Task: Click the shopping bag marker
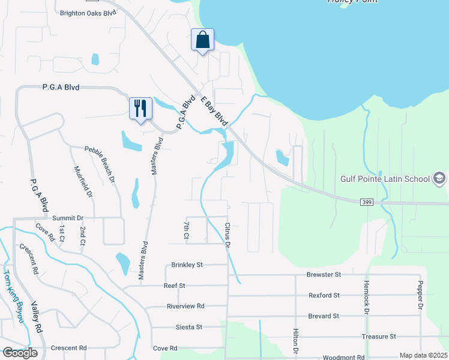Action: click(202, 40)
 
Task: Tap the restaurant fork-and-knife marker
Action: click(140, 109)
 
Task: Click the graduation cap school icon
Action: click(439, 178)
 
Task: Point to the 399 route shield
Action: click(368, 203)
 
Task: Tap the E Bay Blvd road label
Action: click(215, 110)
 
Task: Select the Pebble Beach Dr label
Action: click(99, 163)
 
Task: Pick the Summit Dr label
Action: click(67, 218)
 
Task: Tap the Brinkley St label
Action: click(187, 264)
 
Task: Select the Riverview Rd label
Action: click(185, 306)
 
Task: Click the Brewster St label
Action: click(324, 274)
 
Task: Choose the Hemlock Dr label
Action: click(366, 297)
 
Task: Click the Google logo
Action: click(20, 353)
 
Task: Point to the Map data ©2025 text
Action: click(423, 355)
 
